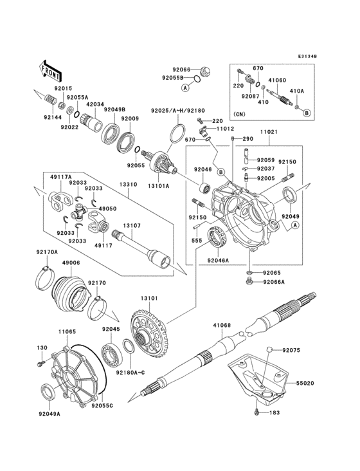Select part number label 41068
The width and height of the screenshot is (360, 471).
point(221,326)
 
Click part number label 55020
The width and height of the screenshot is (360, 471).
point(306,382)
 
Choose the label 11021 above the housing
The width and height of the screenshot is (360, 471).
point(269,132)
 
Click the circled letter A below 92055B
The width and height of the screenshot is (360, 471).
point(184,87)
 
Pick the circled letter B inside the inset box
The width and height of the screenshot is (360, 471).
point(307,113)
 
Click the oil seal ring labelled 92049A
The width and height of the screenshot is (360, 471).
point(48,392)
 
